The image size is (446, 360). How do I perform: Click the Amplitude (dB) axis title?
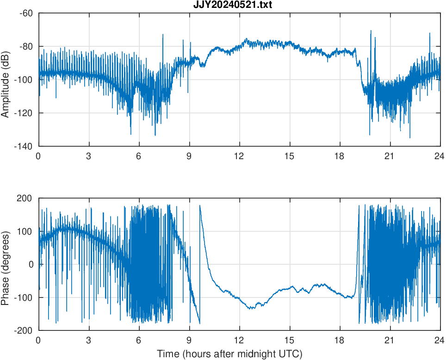coord(6,80)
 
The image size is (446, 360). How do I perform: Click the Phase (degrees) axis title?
coord(6,264)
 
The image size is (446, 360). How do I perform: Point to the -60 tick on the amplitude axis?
coord(26,13)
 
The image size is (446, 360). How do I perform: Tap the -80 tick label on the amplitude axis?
coord(26,46)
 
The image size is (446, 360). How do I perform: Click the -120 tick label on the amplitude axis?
coord(24,113)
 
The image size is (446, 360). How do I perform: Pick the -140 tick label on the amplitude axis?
coord(24,146)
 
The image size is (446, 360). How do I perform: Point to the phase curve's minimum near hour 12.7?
coord(250,308)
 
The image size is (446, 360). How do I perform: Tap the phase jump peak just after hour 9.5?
coord(200,205)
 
